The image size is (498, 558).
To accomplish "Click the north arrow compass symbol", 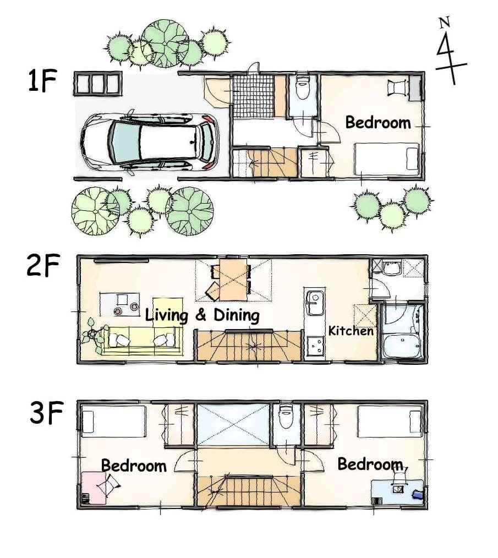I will coord(448,52).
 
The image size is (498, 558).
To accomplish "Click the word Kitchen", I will coord(351,331).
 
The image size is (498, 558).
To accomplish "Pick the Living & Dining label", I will coord(202,316).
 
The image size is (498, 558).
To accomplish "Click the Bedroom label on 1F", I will coord(378,122).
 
